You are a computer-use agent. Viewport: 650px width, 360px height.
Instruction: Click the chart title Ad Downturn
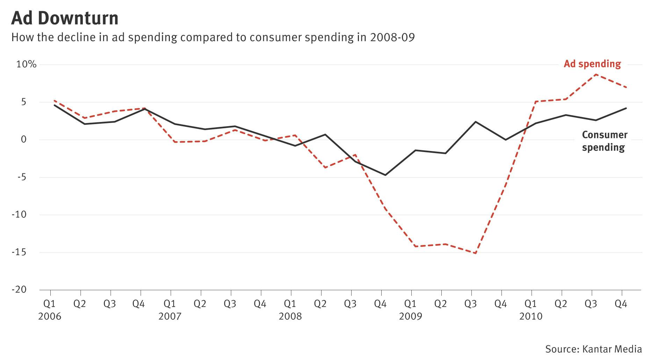tap(65, 18)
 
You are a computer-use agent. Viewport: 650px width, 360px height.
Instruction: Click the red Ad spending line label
tap(592, 64)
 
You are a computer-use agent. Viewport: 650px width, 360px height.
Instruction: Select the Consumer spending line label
tap(604, 141)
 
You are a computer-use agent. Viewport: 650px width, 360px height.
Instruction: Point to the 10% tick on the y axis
tap(26, 64)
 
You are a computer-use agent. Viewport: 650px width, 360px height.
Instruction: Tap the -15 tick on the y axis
tap(19, 252)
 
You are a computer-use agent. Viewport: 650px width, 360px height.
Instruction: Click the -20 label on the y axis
tap(19, 290)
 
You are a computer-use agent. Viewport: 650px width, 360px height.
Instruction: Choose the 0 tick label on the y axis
tap(23, 139)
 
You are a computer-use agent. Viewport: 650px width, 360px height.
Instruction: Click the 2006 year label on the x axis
tap(50, 317)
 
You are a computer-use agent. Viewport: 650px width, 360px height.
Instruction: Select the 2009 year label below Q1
tap(410, 317)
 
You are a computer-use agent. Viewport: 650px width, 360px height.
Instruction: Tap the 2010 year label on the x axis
tap(530, 317)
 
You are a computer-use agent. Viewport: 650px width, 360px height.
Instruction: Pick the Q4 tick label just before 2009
tap(380, 304)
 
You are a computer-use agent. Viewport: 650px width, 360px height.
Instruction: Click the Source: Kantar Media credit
tap(593, 349)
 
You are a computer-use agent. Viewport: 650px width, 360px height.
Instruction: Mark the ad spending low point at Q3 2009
tap(476, 253)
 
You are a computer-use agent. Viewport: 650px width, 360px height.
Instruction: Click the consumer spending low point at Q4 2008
tap(385, 175)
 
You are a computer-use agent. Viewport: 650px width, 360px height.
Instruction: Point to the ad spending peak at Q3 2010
tap(595, 74)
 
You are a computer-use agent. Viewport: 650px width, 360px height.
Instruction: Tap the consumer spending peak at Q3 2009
tap(476, 122)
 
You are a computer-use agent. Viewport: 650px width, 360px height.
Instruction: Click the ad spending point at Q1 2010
tap(535, 102)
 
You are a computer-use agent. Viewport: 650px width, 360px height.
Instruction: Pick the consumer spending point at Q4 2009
tap(505, 140)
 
